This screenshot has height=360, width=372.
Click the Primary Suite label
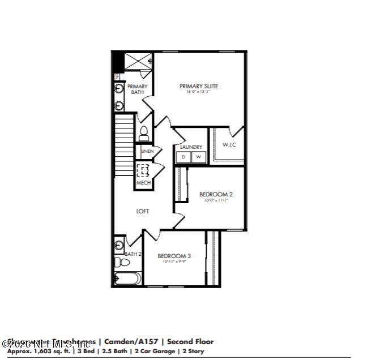[199, 87]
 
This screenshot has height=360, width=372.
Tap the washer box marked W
[198, 157]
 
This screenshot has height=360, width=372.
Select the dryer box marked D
[183, 157]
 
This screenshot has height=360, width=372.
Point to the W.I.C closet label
[229, 145]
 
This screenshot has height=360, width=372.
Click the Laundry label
[191, 147]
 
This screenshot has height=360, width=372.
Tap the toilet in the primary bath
[144, 134]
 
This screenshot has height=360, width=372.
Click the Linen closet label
[147, 152]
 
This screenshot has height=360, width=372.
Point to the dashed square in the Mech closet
[144, 170]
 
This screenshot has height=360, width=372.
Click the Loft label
[143, 211]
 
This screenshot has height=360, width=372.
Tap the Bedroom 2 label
[216, 194]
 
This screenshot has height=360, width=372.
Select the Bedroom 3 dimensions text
[174, 262]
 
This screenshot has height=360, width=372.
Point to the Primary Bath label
[137, 89]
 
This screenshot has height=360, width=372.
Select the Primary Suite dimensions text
[198, 92]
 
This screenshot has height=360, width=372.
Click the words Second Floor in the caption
[191, 342]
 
